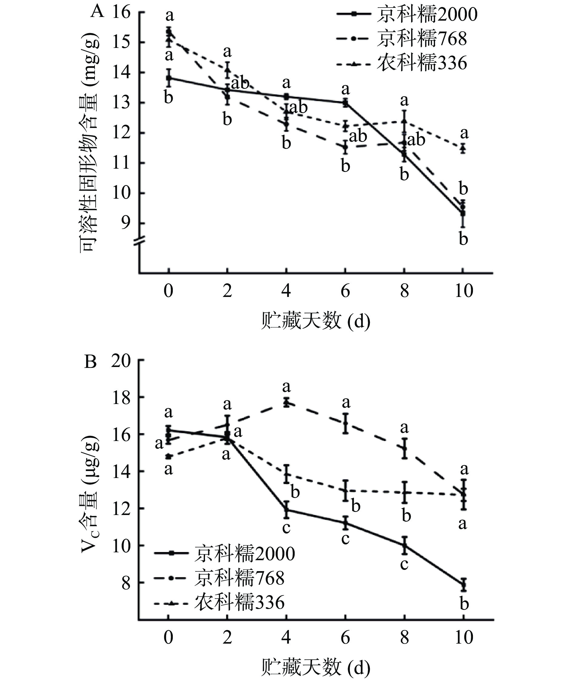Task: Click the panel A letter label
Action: tap(97, 12)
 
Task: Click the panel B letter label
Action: tap(90, 362)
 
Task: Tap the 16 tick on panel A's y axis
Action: tap(121, 12)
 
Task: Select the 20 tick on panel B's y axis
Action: tap(121, 361)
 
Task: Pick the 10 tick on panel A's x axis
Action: tap(464, 291)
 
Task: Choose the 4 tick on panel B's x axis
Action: tap(286, 638)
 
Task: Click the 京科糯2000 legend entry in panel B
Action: tap(224, 554)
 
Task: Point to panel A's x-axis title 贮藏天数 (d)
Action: tap(315, 321)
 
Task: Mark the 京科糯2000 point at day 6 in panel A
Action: tap(345, 103)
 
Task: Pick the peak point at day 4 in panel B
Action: tap(286, 402)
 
